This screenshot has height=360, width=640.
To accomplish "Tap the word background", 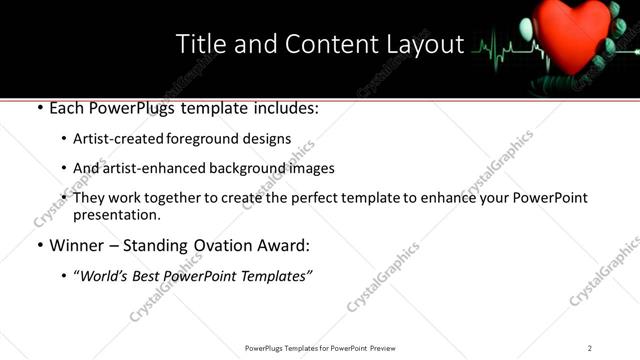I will pos(259,168).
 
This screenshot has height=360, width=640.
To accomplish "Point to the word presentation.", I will pos(116,214).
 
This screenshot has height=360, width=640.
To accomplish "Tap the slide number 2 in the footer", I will pos(590,348).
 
